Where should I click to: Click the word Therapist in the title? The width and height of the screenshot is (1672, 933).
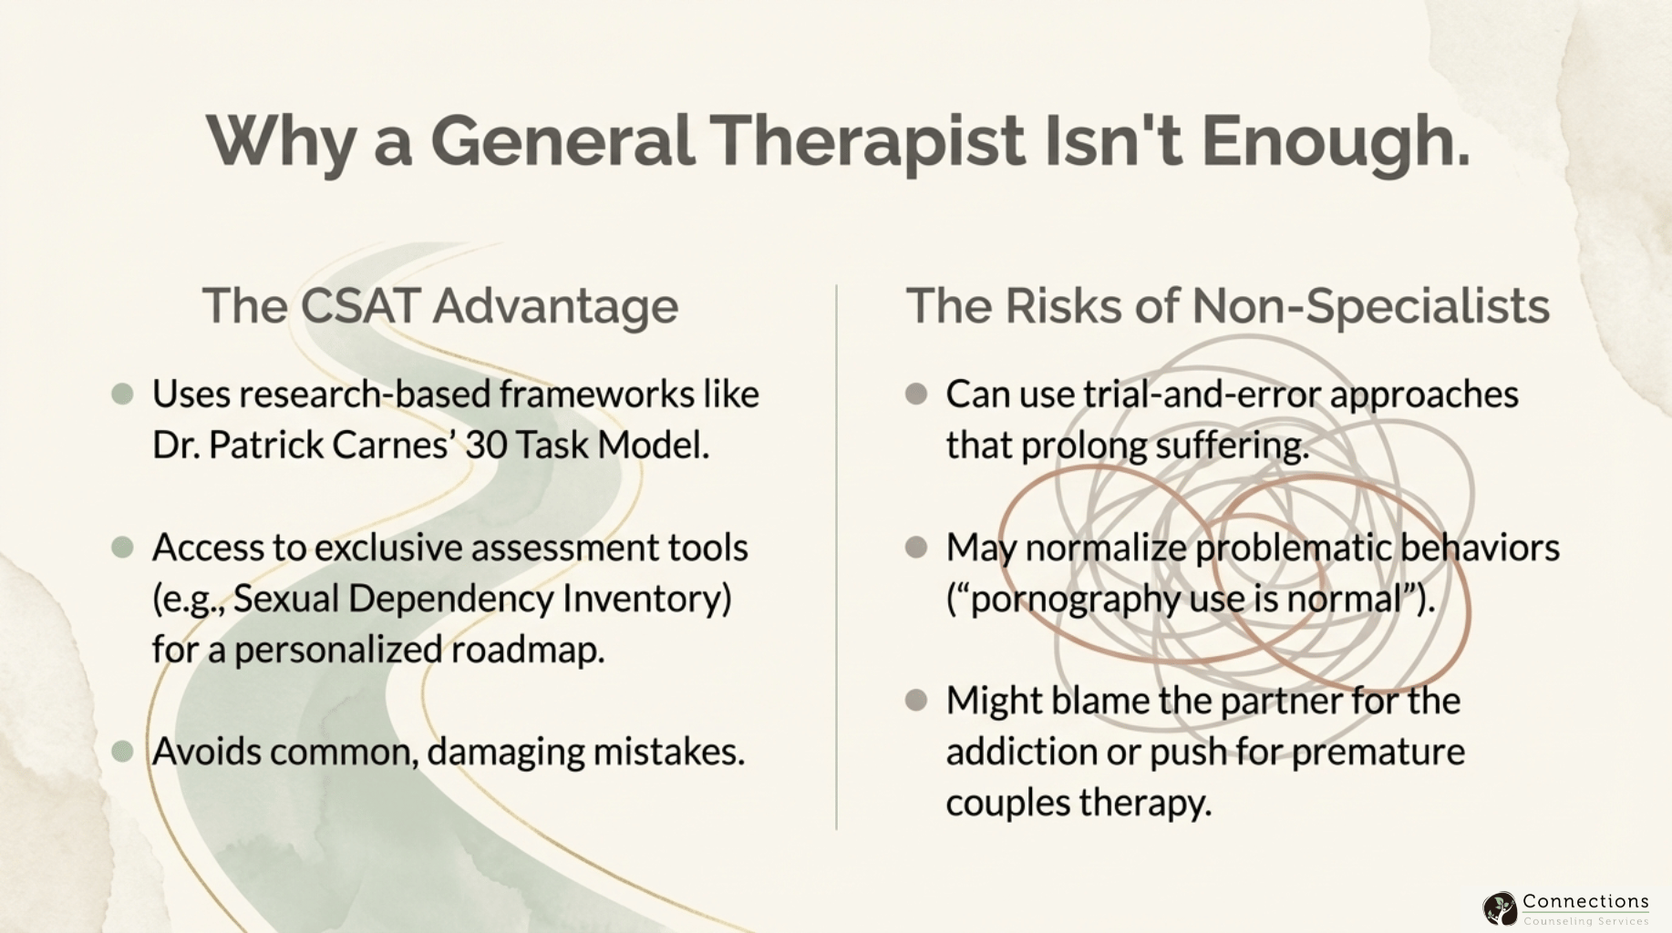coord(866,141)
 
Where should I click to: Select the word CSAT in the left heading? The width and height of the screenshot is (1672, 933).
coord(361,305)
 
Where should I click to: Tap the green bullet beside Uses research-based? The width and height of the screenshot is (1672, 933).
coord(122,395)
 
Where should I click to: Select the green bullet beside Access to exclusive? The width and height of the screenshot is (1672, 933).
coord(122,548)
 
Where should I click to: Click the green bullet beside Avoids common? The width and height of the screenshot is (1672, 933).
coord(122,752)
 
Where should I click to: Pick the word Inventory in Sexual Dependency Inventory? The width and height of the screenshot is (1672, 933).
coord(646,599)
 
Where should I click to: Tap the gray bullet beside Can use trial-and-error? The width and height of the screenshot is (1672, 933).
coord(916,395)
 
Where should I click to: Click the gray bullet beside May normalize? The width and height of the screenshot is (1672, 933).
coord(916,548)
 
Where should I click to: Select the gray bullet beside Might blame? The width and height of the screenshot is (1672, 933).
coord(916,701)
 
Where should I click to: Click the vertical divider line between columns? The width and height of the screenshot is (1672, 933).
coord(836,556)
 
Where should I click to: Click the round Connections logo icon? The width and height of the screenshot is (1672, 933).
coord(1500,908)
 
